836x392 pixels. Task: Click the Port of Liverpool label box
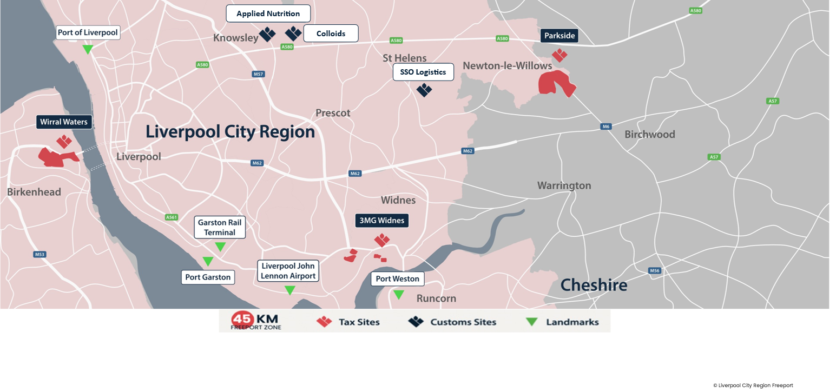point(88,32)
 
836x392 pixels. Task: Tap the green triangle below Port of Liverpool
point(88,49)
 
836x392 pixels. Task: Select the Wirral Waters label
point(63,122)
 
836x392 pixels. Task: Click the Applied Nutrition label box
point(268,14)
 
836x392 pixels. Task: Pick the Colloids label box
point(331,34)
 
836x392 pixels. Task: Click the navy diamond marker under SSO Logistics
point(424,90)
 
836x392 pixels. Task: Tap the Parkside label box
point(559,36)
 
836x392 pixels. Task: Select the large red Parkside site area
point(556,84)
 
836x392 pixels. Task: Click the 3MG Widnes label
point(382,221)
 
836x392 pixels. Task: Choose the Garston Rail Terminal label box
point(220,227)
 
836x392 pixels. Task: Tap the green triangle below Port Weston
point(398,295)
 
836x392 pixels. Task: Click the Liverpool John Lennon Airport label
point(288,271)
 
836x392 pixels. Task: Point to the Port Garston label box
point(208,277)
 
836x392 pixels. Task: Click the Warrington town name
point(564,185)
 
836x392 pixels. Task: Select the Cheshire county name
point(594,285)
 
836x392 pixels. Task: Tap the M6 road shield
point(605,127)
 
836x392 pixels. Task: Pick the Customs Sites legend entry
point(452,322)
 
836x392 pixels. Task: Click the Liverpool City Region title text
point(230,132)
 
